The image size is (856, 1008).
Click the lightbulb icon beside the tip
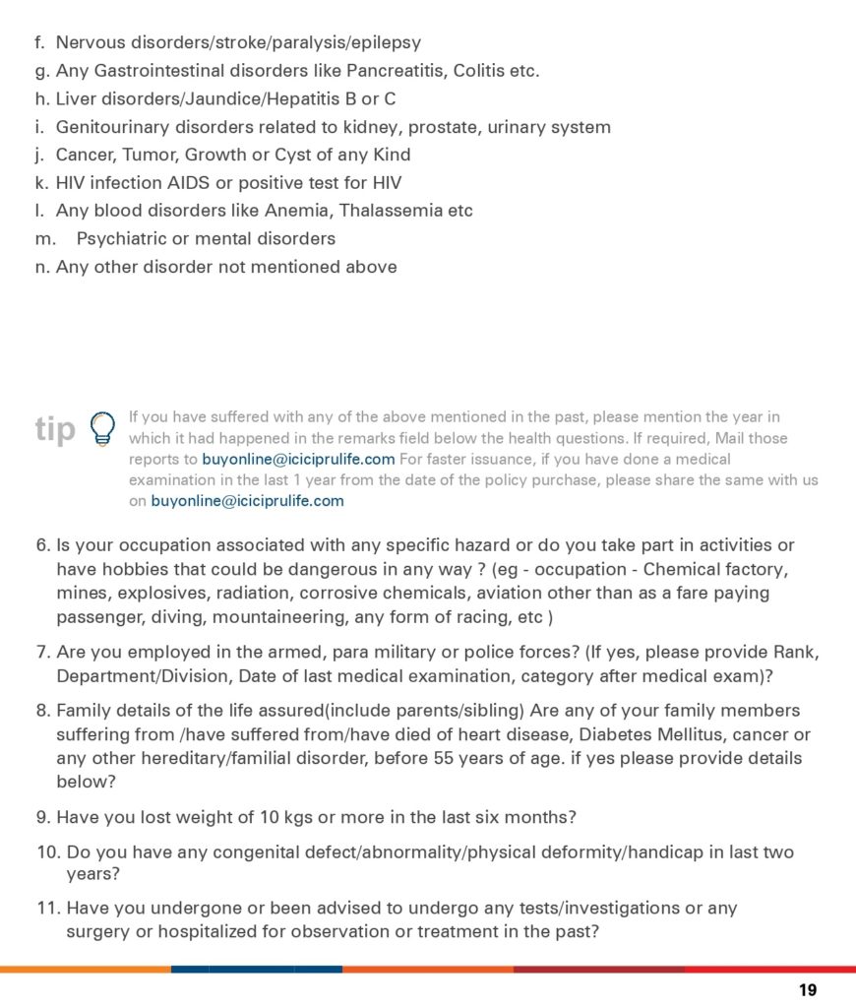100,428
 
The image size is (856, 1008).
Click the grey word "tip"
55,429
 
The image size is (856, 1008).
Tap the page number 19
808,990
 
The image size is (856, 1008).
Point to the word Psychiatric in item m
122,238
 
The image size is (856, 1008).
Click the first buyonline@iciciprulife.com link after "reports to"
298,459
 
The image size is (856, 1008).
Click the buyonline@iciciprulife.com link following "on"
247,500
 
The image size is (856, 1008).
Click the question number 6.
42,545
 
